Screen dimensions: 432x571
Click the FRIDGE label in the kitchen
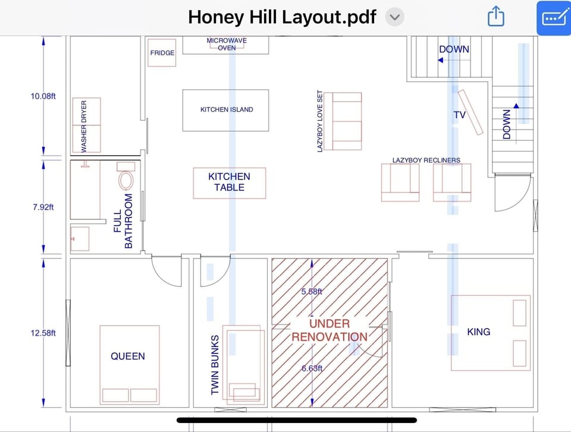[162, 53]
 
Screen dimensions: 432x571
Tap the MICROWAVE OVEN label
[227, 44]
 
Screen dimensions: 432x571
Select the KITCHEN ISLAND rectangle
[225, 110]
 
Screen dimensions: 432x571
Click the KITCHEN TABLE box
[229, 182]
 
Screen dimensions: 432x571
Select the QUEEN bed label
[127, 357]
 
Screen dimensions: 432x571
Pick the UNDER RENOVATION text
[329, 330]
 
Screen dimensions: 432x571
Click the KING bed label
[478, 332]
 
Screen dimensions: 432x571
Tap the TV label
[459, 115]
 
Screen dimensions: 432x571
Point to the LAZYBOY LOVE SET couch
[347, 121]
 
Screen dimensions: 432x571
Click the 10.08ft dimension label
[43, 96]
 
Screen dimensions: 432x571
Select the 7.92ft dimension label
[43, 207]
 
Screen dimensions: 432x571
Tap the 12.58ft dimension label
[43, 333]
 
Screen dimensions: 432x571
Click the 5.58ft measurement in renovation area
[312, 292]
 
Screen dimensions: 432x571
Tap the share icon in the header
[495, 17]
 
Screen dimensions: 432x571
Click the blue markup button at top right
[553, 18]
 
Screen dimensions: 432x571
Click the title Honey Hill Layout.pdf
[282, 17]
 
